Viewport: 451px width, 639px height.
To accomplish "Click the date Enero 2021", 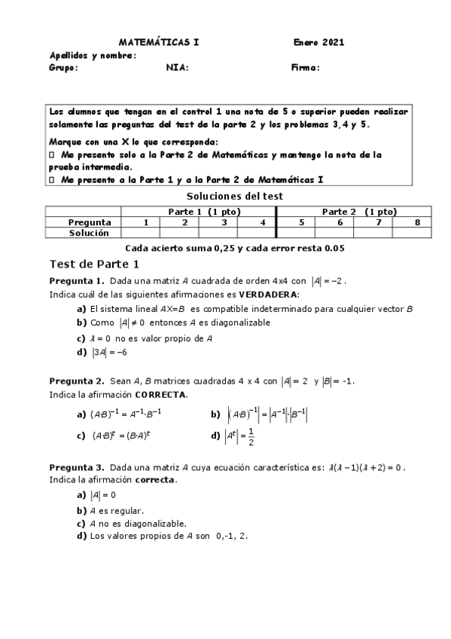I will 318,43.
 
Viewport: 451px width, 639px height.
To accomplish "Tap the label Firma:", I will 305,67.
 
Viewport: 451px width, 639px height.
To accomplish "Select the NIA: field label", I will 177,67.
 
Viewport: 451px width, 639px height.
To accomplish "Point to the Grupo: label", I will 63,67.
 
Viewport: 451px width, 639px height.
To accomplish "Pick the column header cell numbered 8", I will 417,222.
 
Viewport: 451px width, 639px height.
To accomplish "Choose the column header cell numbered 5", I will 301,222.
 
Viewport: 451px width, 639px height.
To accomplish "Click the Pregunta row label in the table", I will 90,222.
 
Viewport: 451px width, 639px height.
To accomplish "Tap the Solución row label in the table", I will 90,233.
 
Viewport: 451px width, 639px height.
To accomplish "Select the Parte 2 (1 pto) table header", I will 359,212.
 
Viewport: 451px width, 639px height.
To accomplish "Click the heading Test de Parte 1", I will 94,264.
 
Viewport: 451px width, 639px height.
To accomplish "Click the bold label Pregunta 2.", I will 73,382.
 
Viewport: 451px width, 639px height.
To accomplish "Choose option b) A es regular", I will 111,510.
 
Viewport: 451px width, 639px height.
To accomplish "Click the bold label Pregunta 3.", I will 73,467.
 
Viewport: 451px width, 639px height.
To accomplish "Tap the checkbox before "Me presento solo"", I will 50,154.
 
